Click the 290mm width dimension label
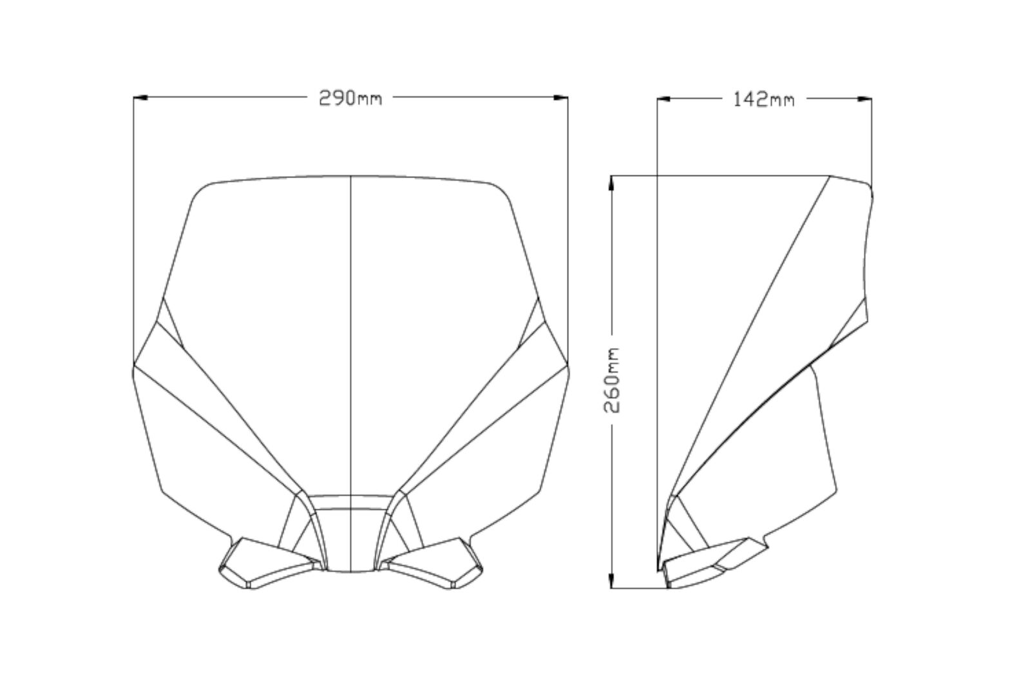350,98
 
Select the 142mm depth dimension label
764,99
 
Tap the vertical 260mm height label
612,380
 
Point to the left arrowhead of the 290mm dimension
140,97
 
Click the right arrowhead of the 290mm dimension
560,97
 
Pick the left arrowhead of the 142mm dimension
664,99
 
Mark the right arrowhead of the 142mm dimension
864,99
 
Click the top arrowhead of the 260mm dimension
611,182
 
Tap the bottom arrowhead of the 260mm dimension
611,581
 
